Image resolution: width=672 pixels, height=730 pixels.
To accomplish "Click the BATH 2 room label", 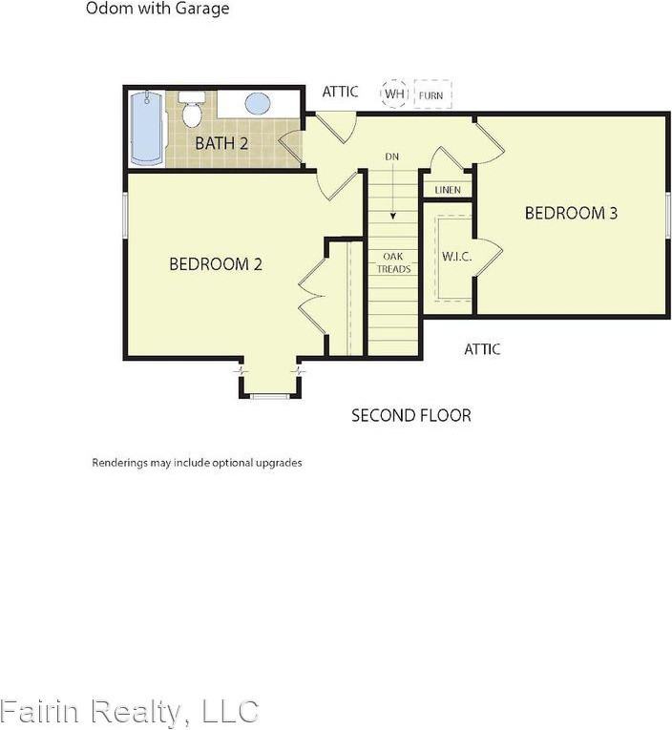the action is pyautogui.click(x=221, y=143).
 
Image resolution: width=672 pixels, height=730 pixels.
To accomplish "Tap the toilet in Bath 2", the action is pyautogui.click(x=192, y=110).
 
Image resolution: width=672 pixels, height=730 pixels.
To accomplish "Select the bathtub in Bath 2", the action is pyautogui.click(x=147, y=129).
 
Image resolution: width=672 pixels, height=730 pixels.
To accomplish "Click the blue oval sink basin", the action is pyautogui.click(x=258, y=103).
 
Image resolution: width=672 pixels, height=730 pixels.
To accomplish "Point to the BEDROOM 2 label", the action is pyautogui.click(x=216, y=264).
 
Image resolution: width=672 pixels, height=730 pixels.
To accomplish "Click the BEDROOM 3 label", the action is pyautogui.click(x=571, y=213).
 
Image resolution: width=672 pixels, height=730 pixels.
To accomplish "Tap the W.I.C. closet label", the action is pyautogui.click(x=457, y=256).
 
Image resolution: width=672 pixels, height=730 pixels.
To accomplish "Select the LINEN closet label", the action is pyautogui.click(x=448, y=190).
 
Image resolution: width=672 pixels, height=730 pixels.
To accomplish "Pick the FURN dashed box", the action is pyautogui.click(x=432, y=94).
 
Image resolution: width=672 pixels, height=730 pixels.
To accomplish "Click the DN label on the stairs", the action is pyautogui.click(x=392, y=156).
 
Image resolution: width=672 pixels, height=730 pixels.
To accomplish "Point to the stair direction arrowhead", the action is pyautogui.click(x=393, y=216).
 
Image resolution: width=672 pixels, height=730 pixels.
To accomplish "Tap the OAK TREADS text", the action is pyautogui.click(x=393, y=262).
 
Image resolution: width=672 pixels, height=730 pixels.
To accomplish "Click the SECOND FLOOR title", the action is pyautogui.click(x=411, y=415).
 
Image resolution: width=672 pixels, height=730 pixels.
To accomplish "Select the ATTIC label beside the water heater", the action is pyautogui.click(x=340, y=92).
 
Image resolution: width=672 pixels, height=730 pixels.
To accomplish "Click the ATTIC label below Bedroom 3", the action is pyautogui.click(x=482, y=349).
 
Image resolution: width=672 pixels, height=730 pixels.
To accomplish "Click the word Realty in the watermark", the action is pyautogui.click(x=136, y=712).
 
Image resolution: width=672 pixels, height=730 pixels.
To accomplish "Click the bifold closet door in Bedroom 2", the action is pyautogui.click(x=311, y=296).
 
